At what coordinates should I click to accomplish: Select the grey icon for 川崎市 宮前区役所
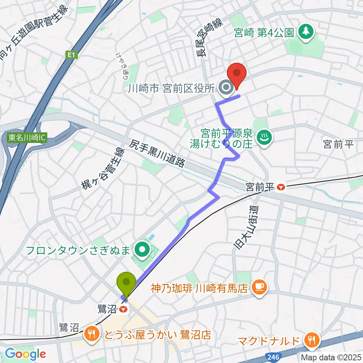pyautogui.click(x=226, y=88)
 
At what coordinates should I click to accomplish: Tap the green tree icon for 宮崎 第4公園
pyautogui.click(x=306, y=32)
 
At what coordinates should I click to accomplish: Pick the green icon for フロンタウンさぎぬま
pyautogui.click(x=143, y=250)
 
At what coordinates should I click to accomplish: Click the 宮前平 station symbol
pyautogui.click(x=281, y=187)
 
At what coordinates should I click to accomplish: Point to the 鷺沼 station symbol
pyautogui.click(x=122, y=309)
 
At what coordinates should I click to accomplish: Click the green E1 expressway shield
pyautogui.click(x=71, y=56)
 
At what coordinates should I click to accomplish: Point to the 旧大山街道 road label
pyautogui.click(x=242, y=227)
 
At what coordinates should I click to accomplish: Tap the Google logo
pyautogui.click(x=25, y=354)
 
